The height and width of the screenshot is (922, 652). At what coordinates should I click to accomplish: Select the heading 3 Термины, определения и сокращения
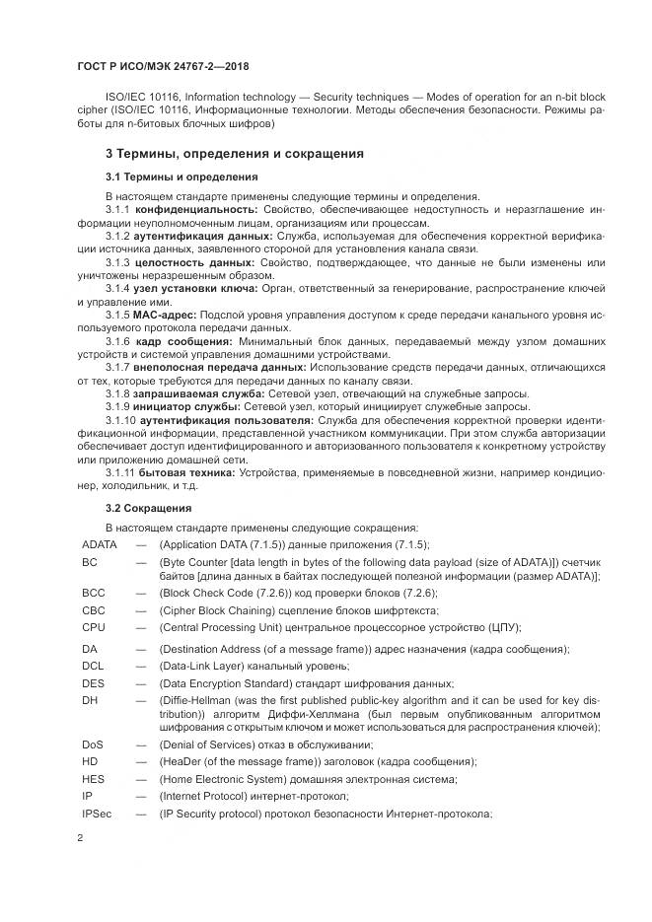235,154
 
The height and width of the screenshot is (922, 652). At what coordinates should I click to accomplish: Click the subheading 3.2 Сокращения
148,508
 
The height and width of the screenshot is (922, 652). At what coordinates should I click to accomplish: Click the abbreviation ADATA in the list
100,544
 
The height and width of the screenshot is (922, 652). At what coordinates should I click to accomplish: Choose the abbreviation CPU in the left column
94,626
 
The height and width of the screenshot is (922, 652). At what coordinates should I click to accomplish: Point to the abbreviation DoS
93,745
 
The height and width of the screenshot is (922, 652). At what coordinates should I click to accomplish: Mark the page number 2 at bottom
80,837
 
